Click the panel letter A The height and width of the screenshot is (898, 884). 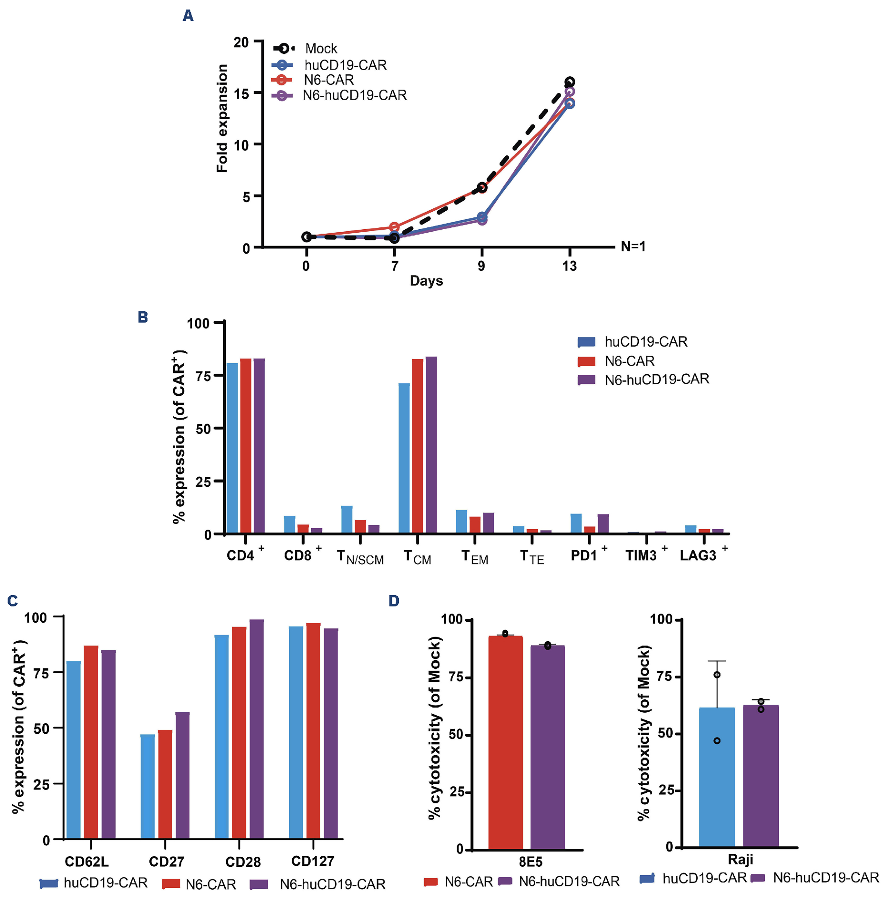coord(188,16)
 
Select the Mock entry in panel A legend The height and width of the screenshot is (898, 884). coord(320,49)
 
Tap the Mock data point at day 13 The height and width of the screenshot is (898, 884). coord(570,82)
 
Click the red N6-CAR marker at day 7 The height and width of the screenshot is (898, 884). coord(394,227)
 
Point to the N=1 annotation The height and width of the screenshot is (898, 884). coord(633,246)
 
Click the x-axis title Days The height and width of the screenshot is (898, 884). coord(426,281)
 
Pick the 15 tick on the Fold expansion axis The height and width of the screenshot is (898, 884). coord(242,93)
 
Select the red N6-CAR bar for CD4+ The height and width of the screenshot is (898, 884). coord(246,446)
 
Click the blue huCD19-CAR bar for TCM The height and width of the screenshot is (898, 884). coord(404,458)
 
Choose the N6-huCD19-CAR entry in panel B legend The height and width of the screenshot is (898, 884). coord(657,379)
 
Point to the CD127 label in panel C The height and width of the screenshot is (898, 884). coord(312,861)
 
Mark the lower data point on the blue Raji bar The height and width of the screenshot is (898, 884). coord(717,740)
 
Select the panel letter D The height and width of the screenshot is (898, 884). coord(394,601)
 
